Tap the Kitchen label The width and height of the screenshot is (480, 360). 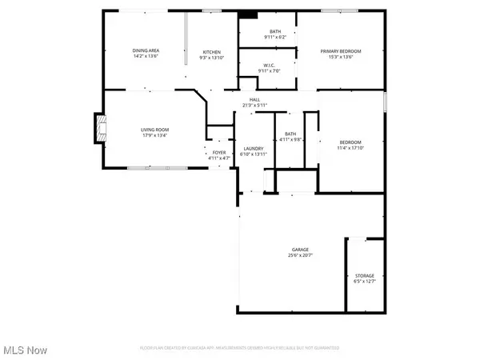click(x=210, y=52)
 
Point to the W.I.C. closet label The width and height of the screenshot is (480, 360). click(x=268, y=66)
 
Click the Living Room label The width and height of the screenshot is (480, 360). click(x=155, y=129)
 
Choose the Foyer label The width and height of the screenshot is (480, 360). click(x=215, y=153)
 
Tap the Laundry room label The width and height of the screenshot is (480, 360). click(x=254, y=148)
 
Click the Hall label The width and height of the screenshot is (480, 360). click(x=254, y=100)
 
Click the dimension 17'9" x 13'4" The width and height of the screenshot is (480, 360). click(x=155, y=135)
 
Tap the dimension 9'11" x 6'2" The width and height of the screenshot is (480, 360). click(x=275, y=38)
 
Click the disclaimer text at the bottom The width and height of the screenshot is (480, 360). click(x=239, y=348)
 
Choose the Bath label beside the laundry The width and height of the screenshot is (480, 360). click(x=290, y=134)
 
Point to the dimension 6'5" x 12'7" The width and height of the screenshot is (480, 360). click(x=364, y=282)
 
